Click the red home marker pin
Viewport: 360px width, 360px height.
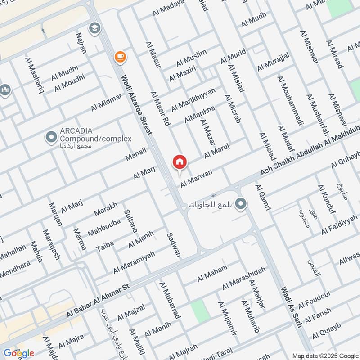click(x=180, y=162)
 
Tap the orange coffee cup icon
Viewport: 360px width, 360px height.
click(x=120, y=56)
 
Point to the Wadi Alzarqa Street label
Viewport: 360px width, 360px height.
click(x=136, y=103)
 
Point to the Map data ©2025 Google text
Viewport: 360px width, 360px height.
click(x=324, y=355)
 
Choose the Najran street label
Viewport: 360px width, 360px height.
click(x=81, y=43)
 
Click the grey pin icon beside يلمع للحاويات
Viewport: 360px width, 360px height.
click(x=241, y=205)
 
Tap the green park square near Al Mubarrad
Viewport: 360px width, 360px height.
click(x=200, y=311)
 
